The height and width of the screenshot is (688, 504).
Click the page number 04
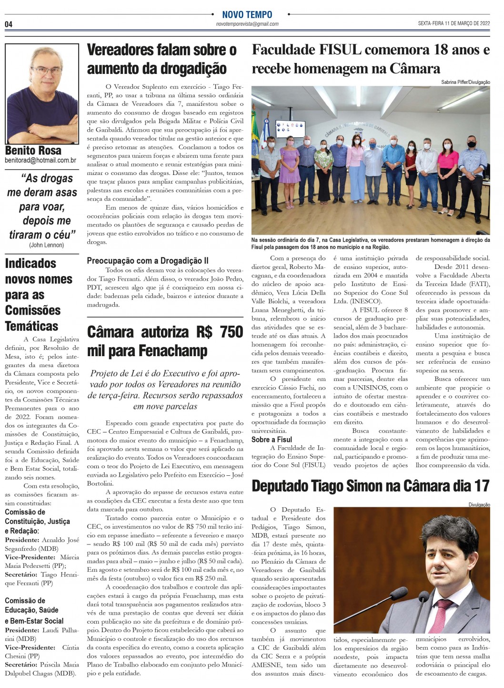point(9,24)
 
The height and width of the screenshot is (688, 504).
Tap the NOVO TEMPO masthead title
point(247,15)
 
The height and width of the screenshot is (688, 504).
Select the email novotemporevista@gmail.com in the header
point(247,24)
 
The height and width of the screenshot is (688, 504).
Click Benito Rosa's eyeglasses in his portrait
point(46,71)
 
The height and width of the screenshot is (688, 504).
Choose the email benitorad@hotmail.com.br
point(40,161)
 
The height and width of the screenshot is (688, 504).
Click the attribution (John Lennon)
point(46,245)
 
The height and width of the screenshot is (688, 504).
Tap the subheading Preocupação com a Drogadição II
point(147,261)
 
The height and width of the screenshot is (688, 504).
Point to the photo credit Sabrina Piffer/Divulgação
point(465,82)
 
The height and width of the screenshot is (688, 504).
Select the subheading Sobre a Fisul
point(272,440)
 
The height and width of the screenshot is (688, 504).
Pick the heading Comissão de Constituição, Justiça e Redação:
point(37,521)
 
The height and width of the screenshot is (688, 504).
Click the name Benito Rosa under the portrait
point(33,151)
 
